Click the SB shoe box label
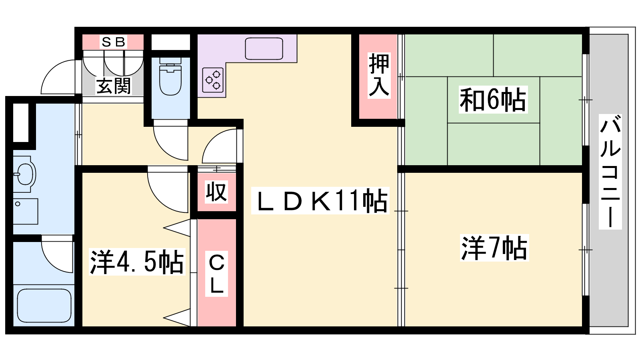pos(114,42)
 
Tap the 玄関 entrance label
pos(114,86)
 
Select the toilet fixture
pos(170,76)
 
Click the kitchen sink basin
pos(264,48)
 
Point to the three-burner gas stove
pos(213,80)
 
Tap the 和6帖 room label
pos(493,100)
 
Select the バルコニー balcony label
pos(610,172)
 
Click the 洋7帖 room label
pos(494,248)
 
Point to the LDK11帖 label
pos(320,200)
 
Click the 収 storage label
pos(216,192)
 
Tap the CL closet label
pos(216,274)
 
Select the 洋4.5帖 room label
pos(137,262)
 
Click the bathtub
pos(44,306)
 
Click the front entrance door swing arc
pos(58,77)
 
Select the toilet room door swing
pos(170,140)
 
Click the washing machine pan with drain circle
pos(26,211)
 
